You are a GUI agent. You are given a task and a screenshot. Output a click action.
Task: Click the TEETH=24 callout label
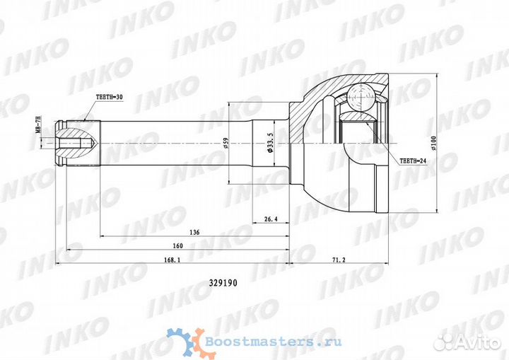point(414,161)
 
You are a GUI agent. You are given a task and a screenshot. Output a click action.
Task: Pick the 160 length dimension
point(177,245)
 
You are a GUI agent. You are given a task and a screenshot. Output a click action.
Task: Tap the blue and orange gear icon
point(183,341)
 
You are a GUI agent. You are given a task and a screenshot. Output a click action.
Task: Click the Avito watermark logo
point(466,342)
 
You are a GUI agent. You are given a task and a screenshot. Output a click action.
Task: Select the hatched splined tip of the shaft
point(74,135)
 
